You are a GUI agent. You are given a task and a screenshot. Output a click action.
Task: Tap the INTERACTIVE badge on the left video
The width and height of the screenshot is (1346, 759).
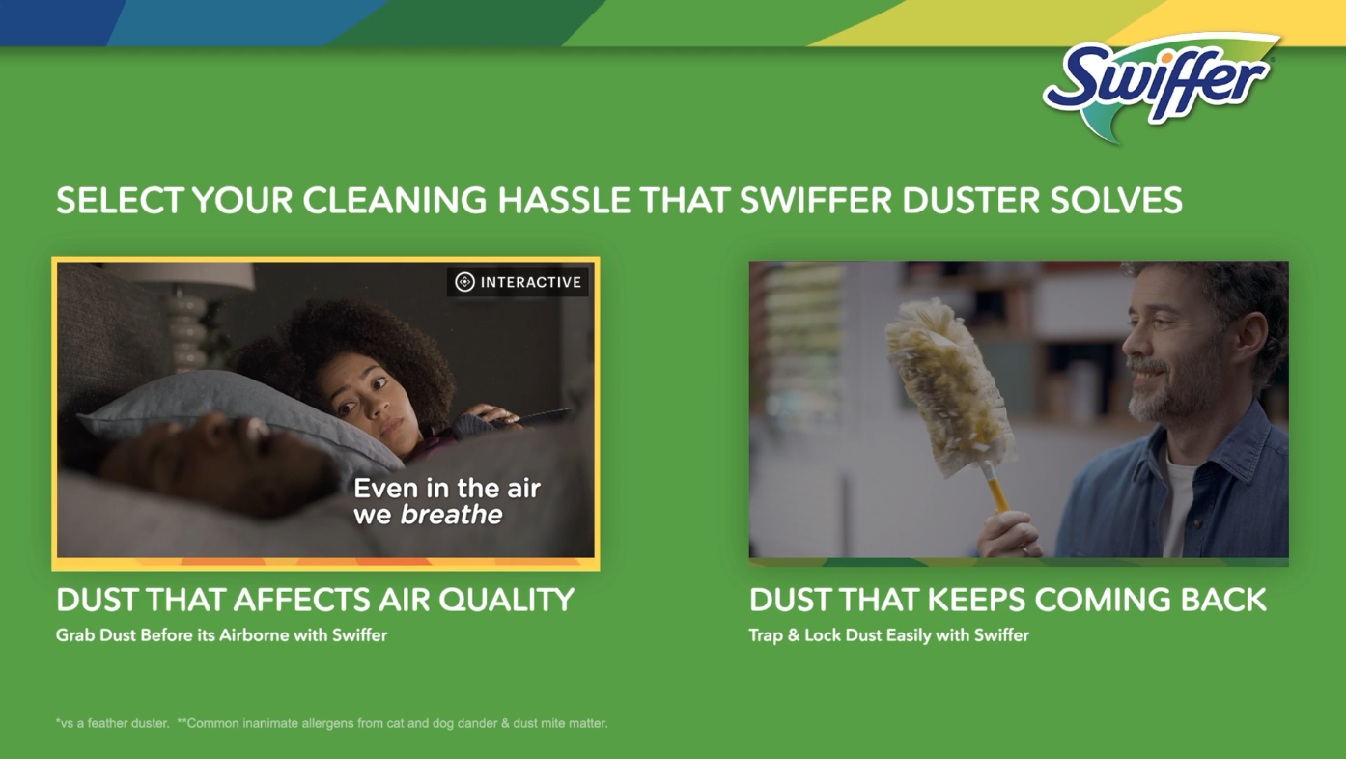518,282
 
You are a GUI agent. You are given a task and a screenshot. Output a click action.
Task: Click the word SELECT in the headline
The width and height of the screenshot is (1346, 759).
120,200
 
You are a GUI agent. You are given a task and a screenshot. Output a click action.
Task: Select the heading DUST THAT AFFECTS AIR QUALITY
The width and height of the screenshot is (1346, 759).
315,600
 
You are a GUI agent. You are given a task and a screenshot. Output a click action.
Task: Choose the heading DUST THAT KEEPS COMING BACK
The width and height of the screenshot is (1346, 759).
1008,600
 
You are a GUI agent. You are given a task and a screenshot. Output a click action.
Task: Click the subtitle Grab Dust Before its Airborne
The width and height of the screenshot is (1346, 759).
221,635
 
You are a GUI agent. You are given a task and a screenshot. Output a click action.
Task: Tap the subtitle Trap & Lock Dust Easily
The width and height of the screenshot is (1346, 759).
888,635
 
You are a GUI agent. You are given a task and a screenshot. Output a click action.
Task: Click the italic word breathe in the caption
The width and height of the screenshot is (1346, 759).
451,515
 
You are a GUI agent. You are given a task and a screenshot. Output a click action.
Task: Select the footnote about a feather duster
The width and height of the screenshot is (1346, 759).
112,723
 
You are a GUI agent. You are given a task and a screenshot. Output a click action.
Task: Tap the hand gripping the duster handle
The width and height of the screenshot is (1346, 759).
1011,534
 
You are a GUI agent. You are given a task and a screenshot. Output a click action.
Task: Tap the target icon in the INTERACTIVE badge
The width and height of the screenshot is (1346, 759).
464,282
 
